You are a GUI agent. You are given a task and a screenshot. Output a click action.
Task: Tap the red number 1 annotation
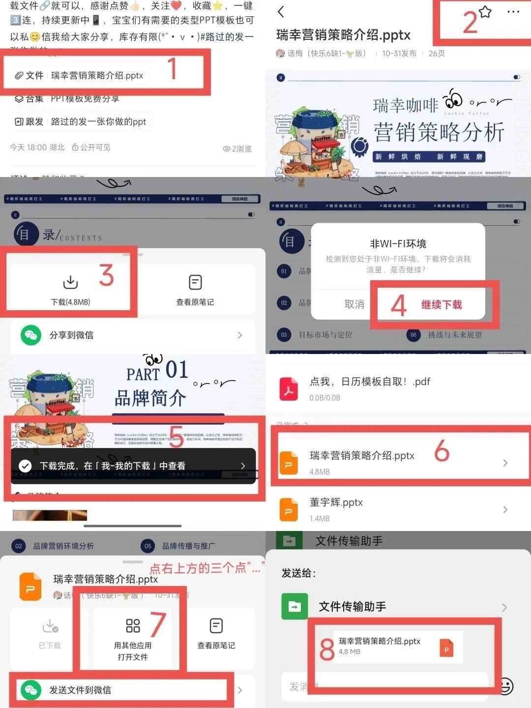pos(172,68)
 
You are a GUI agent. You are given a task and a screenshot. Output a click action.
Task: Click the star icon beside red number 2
pos(485,12)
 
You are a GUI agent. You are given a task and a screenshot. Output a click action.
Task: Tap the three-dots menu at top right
pos(513,12)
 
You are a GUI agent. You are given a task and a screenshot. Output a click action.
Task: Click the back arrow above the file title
pos(281,12)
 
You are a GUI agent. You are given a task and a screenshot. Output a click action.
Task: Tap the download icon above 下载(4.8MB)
pos(70,282)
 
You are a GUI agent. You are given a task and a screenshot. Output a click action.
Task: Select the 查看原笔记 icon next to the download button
pos(195,282)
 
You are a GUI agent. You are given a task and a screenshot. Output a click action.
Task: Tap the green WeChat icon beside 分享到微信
pos(30,335)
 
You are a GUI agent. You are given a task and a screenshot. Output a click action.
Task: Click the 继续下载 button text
pos(442,305)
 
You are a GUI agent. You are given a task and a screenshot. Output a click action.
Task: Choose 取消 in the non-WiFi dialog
pos(354,305)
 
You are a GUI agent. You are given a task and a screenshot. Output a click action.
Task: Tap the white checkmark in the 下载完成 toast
pos(25,466)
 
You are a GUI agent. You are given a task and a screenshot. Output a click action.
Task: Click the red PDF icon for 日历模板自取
pos(289,389)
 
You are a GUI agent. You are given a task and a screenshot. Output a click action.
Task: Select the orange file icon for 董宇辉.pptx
pos(289,509)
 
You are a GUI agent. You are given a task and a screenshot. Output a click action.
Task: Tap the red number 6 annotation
pos(442,450)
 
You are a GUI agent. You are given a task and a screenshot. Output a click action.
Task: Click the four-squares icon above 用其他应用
pos(133,625)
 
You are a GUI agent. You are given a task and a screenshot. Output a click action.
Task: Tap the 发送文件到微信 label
pos(80,690)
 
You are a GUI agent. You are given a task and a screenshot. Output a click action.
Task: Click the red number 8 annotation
pos(327,649)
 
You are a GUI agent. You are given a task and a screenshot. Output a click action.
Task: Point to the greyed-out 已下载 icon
pos(50,626)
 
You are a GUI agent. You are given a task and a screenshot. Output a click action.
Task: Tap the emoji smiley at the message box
pos(505,686)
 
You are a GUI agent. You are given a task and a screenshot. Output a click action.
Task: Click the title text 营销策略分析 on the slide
pos(439,132)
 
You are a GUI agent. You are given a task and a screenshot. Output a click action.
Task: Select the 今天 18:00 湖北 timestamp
pos(37,147)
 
